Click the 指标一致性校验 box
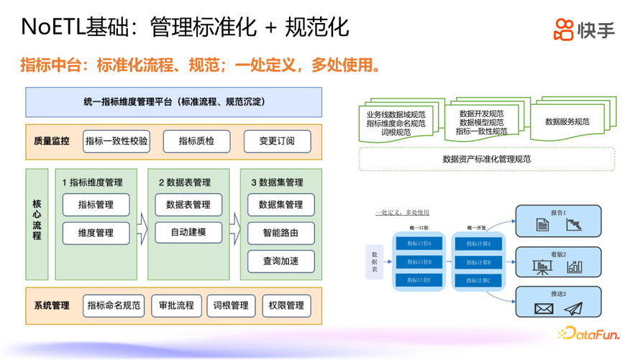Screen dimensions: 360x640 pyautogui.click(x=116, y=141)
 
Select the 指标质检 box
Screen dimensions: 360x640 pyautogui.click(x=196, y=141)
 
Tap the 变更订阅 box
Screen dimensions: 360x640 pyautogui.click(x=277, y=141)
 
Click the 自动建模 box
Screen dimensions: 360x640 pyautogui.click(x=188, y=232)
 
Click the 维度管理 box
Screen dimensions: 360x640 pyautogui.click(x=96, y=233)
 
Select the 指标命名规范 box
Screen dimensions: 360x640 pyautogui.click(x=114, y=305)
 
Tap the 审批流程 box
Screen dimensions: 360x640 pyautogui.click(x=176, y=305)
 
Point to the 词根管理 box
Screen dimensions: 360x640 pyautogui.click(x=231, y=305)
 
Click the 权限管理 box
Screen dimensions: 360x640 pyautogui.click(x=286, y=305)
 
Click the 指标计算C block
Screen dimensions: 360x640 pyautogui.click(x=478, y=280)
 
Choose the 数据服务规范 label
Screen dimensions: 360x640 pyautogui.click(x=567, y=122)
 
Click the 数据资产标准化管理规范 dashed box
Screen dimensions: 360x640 pyautogui.click(x=487, y=159)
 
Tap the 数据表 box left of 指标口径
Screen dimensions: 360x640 pyautogui.click(x=375, y=262)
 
